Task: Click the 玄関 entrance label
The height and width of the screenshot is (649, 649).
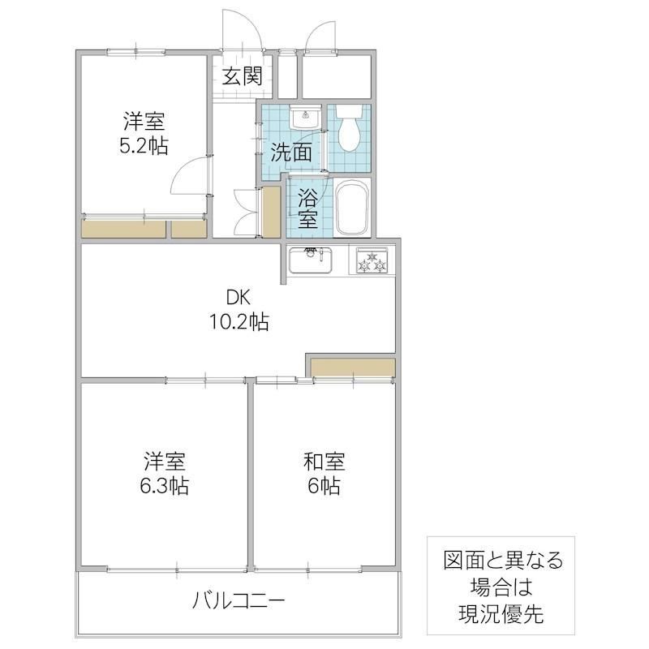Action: pyautogui.click(x=242, y=76)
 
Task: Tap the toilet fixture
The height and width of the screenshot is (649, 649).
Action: pyautogui.click(x=349, y=127)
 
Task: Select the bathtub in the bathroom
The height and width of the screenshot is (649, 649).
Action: pyautogui.click(x=352, y=208)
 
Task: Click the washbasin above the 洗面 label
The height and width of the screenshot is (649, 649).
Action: pyautogui.click(x=306, y=117)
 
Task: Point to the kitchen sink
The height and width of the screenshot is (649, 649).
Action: pyautogui.click(x=310, y=260)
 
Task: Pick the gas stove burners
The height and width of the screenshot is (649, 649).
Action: pyautogui.click(x=372, y=260)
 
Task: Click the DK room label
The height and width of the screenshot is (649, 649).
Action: pyautogui.click(x=238, y=297)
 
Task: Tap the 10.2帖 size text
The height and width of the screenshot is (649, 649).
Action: pyautogui.click(x=239, y=321)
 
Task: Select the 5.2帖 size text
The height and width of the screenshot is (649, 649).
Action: pyautogui.click(x=144, y=146)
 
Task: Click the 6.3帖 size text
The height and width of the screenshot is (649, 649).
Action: pyautogui.click(x=165, y=485)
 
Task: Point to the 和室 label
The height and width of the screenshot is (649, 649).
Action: pyautogui.click(x=324, y=462)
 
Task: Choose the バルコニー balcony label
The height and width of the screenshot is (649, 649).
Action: pyautogui.click(x=239, y=600)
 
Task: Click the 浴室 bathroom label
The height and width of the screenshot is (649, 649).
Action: pyautogui.click(x=308, y=208)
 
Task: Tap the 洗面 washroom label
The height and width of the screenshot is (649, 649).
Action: pyautogui.click(x=291, y=153)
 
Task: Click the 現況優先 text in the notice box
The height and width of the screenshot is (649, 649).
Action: pyautogui.click(x=501, y=614)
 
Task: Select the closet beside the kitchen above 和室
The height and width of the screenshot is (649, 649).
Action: pyautogui.click(x=353, y=367)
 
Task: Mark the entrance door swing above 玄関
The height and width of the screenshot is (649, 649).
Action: pyautogui.click(x=241, y=29)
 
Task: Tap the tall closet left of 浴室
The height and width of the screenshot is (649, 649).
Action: pyautogui.click(x=271, y=213)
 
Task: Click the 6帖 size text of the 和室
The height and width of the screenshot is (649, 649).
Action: pyautogui.click(x=324, y=485)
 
